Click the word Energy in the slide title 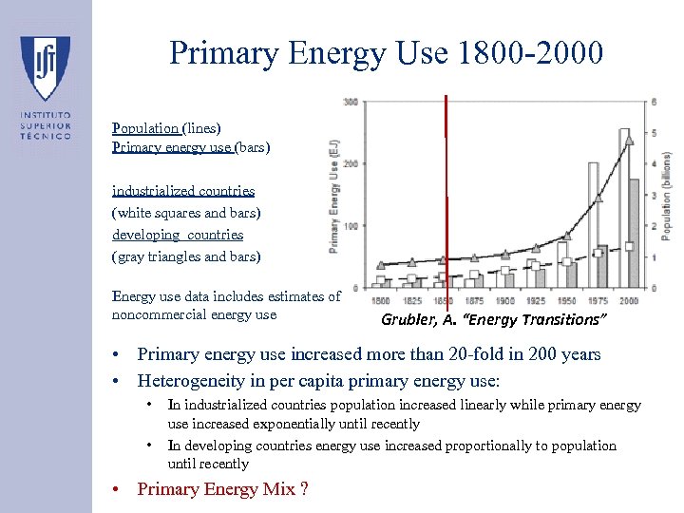point(336,53)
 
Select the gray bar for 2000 point(634,233)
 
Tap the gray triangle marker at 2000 point(625,133)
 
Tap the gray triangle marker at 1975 point(598,199)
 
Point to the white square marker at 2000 point(630,246)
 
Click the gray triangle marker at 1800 point(381,264)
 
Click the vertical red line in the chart point(446,190)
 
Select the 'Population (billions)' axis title point(667,195)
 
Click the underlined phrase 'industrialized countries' point(183,191)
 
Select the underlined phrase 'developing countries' point(178,235)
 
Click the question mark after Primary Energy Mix point(303,489)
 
